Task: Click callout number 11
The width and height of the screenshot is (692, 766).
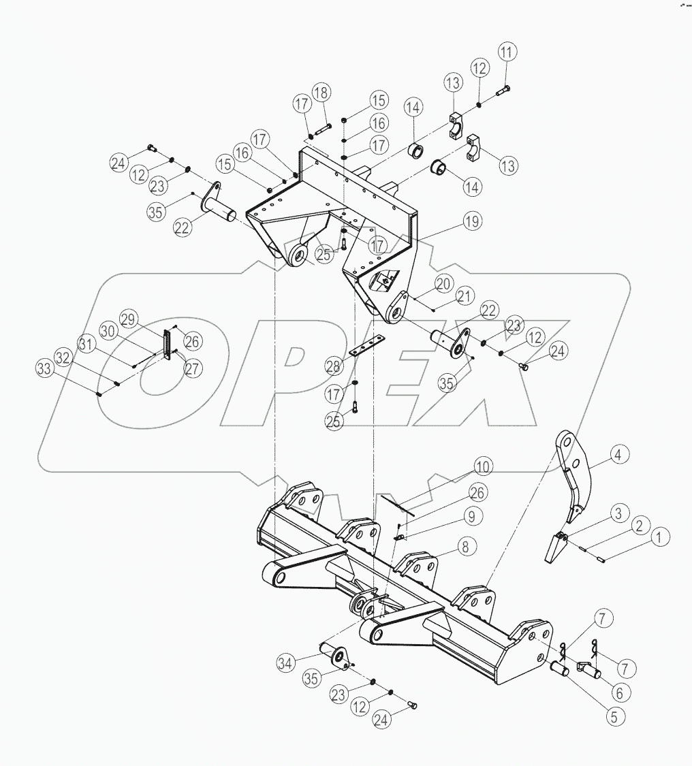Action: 507,52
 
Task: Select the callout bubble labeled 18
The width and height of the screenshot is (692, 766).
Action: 321,93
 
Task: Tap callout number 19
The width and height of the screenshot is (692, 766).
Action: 472,221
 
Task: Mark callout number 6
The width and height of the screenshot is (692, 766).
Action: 618,692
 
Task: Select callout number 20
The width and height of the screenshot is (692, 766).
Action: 444,283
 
